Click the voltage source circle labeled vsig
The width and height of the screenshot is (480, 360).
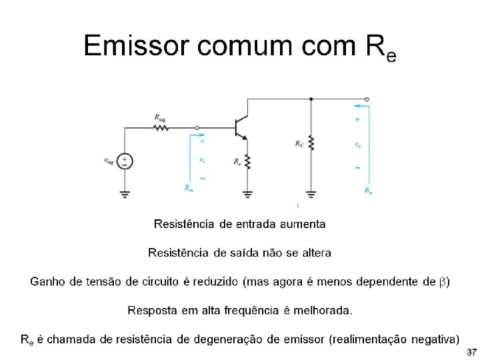(x=125, y=161)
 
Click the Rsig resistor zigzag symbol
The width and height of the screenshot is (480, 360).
(x=161, y=127)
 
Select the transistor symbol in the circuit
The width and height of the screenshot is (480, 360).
(x=241, y=128)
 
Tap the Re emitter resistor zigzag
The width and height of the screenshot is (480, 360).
(x=247, y=162)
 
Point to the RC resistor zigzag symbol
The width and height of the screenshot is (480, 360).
(x=311, y=143)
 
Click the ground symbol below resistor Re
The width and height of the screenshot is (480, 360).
(x=247, y=194)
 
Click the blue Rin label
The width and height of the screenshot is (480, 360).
(x=189, y=188)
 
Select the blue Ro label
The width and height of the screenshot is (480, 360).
(x=368, y=190)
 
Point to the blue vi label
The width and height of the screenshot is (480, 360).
(x=202, y=159)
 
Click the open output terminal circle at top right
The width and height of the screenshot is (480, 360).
(x=367, y=99)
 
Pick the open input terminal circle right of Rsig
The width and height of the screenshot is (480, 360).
(x=197, y=127)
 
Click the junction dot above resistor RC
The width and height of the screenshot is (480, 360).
(x=311, y=99)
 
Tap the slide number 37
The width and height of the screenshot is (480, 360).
(x=471, y=351)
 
